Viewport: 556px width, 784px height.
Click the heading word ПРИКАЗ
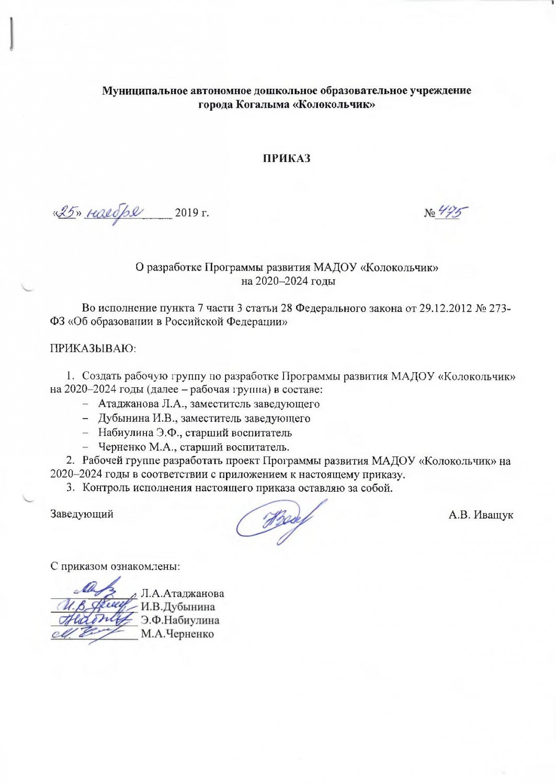pos(286,158)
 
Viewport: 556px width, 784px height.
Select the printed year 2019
pos(187,213)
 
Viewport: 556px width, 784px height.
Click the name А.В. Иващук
pos(481,515)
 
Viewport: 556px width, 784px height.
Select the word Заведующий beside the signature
pos(82,514)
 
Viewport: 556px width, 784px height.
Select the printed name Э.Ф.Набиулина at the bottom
pos(180,620)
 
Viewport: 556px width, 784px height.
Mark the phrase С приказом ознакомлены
pos(115,566)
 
